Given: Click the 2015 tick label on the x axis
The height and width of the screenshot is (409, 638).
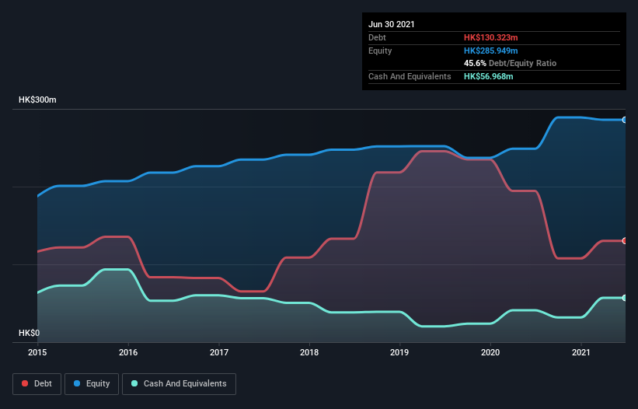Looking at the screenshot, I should (37, 353).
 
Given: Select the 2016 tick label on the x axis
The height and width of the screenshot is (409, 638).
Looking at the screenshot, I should (128, 353).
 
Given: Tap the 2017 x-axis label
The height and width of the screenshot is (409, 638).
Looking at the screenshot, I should (219, 353).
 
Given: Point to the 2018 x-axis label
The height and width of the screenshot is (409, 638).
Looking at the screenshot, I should (309, 353).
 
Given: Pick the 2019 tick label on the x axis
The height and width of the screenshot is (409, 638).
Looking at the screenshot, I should (400, 353).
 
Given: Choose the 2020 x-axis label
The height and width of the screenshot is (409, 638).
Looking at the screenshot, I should (490, 353).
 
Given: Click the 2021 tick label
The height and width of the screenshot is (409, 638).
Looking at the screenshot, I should (581, 353).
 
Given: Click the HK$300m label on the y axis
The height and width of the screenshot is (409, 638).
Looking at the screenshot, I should (37, 100).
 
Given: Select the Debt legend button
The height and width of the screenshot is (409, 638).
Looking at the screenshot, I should (37, 383).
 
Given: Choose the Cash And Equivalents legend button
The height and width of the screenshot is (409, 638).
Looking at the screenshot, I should (179, 383).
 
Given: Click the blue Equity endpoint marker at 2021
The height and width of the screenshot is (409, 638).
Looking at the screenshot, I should (625, 120).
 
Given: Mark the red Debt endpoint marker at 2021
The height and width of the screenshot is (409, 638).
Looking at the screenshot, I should (625, 241).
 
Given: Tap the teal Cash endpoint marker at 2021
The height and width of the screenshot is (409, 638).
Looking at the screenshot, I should (625, 298).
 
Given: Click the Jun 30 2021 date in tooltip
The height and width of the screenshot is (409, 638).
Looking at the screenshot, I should (392, 24).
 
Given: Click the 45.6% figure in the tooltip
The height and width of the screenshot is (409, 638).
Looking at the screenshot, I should (475, 63).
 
